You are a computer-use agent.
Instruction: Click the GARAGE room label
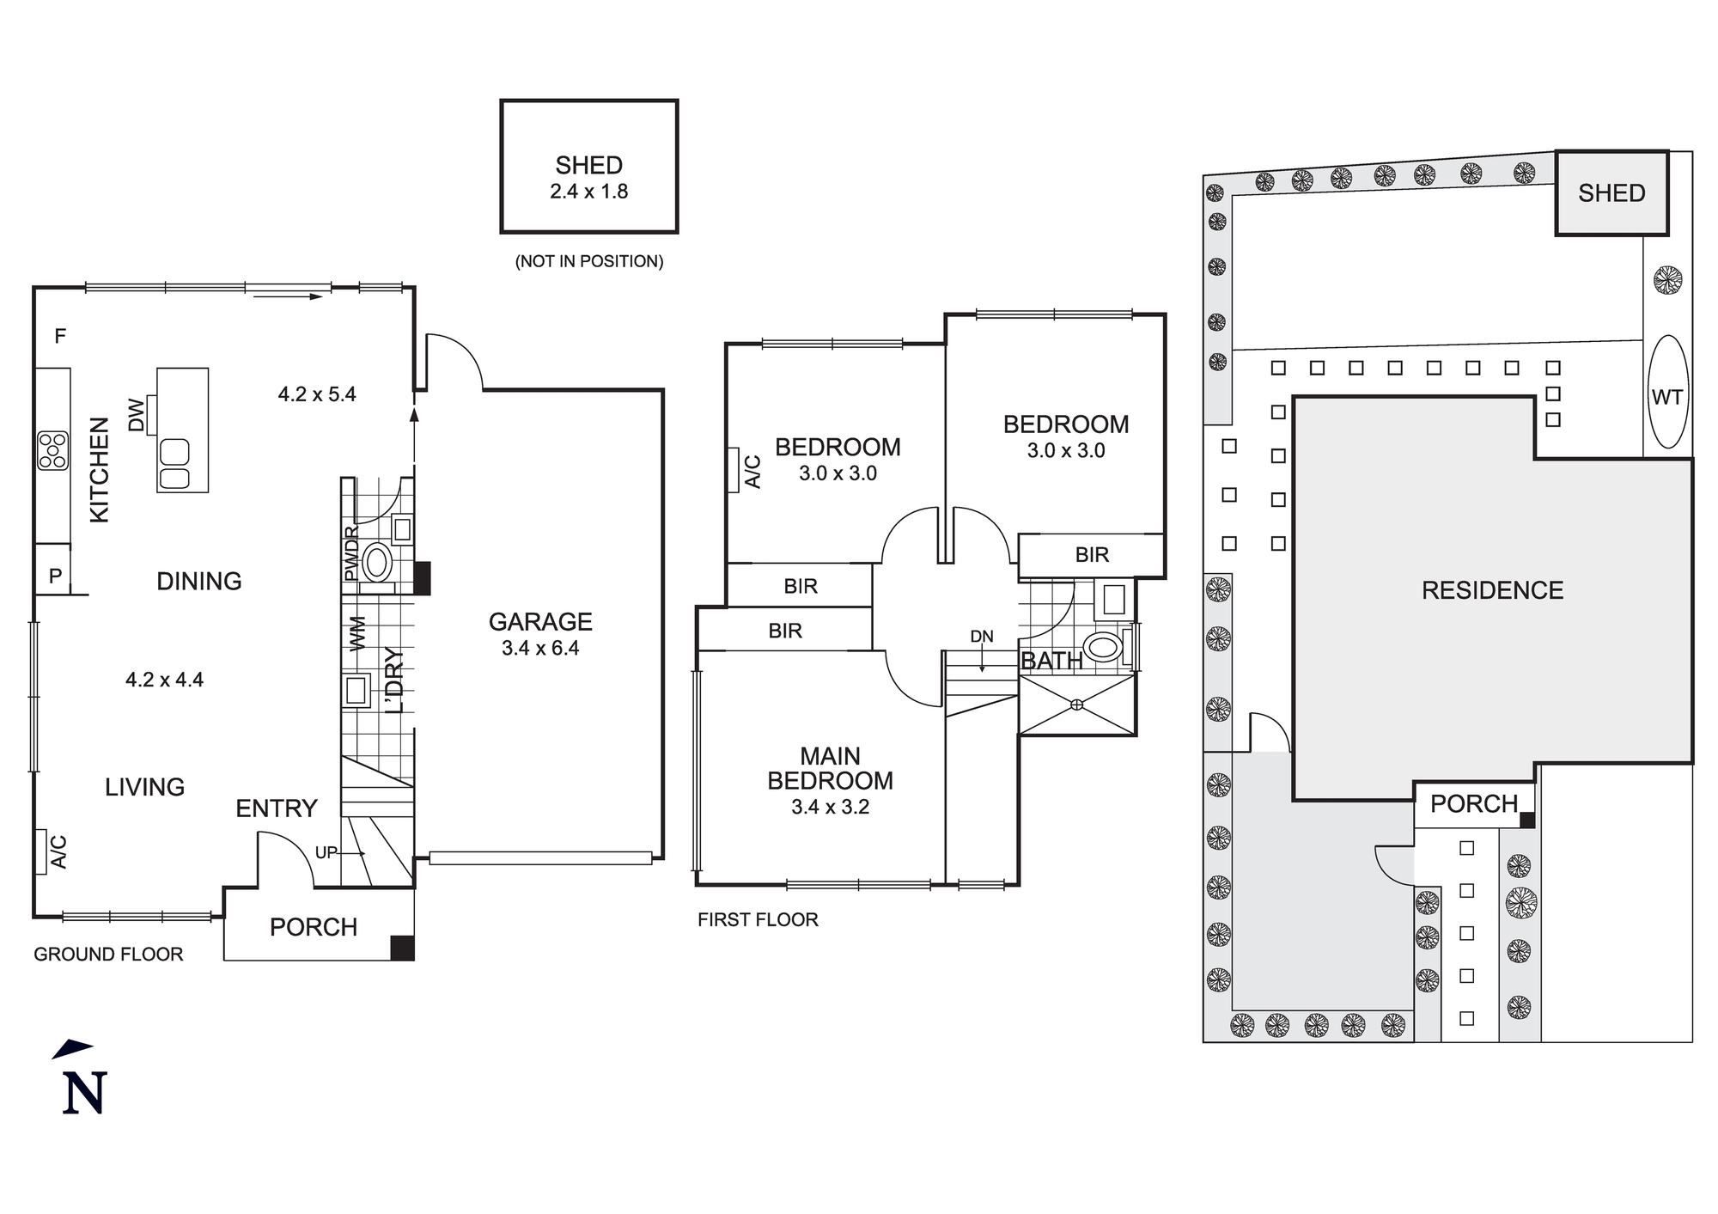coord(540,621)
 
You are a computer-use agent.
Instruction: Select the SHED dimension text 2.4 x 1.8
coord(589,192)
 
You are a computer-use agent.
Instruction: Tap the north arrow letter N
coord(84,1093)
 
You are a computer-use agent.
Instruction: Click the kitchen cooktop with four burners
coord(52,450)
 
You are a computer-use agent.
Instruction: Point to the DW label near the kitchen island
coord(137,415)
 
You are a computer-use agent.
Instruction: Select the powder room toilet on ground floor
coord(376,564)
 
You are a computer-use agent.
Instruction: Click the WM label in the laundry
coord(357,632)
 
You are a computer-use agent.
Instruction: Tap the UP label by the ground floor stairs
coord(326,852)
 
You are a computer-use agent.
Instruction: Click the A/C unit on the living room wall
coord(40,851)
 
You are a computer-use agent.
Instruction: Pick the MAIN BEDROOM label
coord(830,768)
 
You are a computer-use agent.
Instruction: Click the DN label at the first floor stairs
coord(981,637)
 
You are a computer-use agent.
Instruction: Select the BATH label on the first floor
coord(1051,661)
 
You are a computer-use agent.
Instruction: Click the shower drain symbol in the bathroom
coord(1077,705)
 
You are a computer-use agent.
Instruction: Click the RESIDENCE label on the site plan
coord(1492,590)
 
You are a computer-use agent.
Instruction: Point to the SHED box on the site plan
coord(1611,193)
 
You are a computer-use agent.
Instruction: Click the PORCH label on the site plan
coord(1474,804)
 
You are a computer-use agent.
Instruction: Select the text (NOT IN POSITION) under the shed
coord(589,261)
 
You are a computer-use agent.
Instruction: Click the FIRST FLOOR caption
coord(758,919)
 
